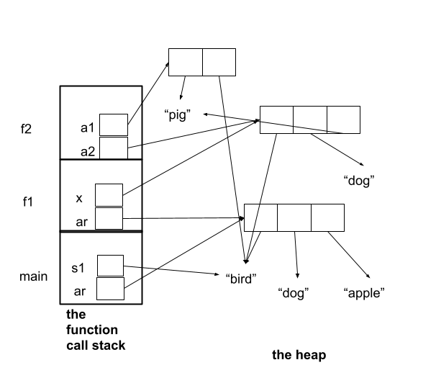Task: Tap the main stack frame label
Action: (33, 276)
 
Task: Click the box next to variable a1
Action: (113, 125)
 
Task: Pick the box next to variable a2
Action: (113, 148)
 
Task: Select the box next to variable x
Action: (109, 194)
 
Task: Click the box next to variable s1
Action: (110, 266)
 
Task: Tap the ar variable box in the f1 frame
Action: (109, 218)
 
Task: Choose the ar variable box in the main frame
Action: (110, 289)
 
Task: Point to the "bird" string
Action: (241, 279)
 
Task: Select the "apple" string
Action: (364, 293)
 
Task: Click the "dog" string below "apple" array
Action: (293, 293)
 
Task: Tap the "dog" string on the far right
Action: (361, 181)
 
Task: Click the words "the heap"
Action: (299, 354)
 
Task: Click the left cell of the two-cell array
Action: (185, 62)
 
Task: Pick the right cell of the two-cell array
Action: (219, 62)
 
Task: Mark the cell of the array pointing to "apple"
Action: (327, 217)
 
